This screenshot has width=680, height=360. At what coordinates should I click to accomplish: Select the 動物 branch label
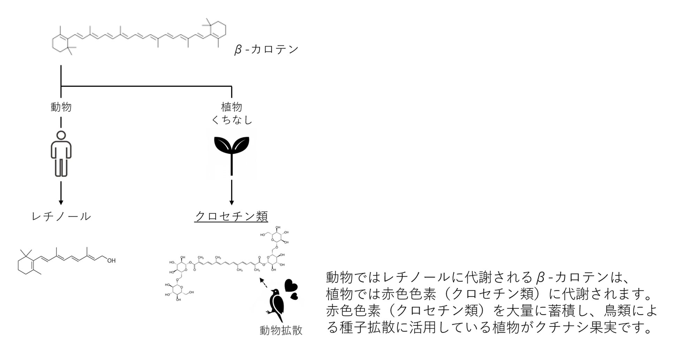[61, 107]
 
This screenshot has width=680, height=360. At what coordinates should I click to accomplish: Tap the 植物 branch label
[232, 107]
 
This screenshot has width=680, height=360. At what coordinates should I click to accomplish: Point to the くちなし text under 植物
[232, 120]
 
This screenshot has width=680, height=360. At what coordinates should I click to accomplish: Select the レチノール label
[61, 217]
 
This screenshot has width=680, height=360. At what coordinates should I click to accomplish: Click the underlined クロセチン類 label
[231, 216]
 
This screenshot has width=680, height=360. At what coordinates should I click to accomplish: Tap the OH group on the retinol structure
[111, 261]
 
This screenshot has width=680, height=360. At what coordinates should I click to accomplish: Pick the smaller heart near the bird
[295, 296]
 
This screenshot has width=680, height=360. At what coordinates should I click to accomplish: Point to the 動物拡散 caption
[281, 330]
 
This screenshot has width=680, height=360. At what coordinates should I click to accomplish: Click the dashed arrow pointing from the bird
[264, 283]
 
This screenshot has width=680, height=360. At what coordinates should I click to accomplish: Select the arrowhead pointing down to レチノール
[61, 203]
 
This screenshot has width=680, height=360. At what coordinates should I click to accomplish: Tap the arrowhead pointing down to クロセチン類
[232, 203]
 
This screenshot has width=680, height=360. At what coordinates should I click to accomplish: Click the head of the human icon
[61, 135]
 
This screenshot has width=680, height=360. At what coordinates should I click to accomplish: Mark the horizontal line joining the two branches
[146, 86]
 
